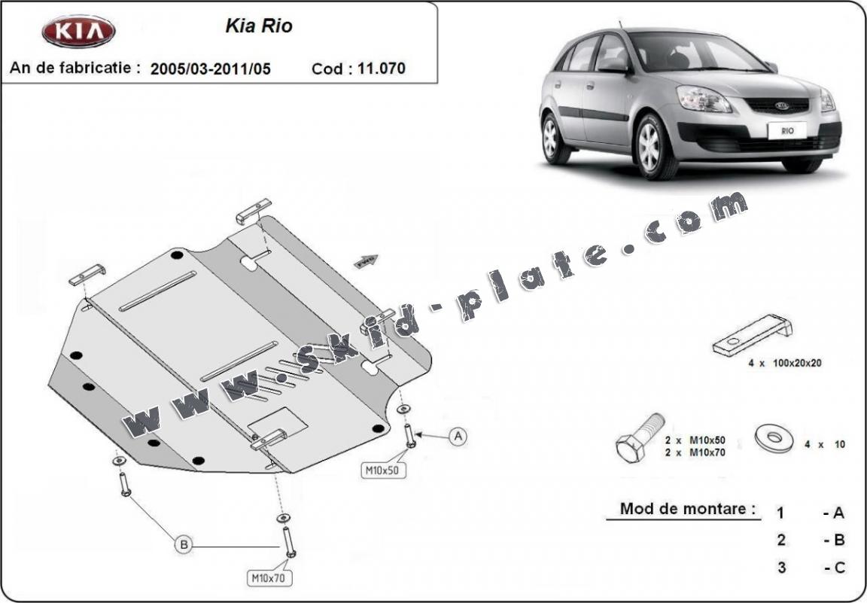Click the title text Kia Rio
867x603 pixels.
tap(259, 26)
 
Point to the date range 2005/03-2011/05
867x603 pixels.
tap(211, 69)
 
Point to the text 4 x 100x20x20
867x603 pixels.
tap(785, 362)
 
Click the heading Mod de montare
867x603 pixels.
tap(687, 508)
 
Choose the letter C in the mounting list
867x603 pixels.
tap(838, 567)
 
